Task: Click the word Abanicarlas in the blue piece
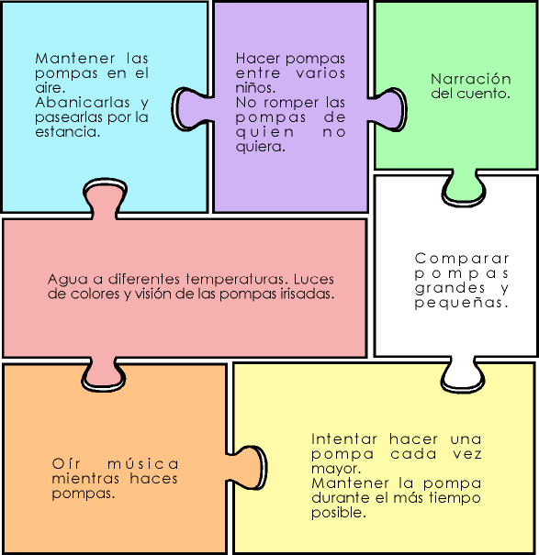coord(83,103)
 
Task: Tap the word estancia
coord(67,132)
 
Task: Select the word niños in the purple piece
coord(255,87)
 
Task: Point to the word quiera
coord(260,147)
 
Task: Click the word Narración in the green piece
coord(471,79)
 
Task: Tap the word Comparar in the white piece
coord(462,259)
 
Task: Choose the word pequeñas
coord(461,303)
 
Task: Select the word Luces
coord(314,279)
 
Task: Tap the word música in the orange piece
coord(142,463)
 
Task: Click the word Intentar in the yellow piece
coord(343,439)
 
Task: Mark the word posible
coord(339,513)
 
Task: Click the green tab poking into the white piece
coord(463,188)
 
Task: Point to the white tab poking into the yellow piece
coord(463,374)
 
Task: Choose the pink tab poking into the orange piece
coord(104,374)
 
